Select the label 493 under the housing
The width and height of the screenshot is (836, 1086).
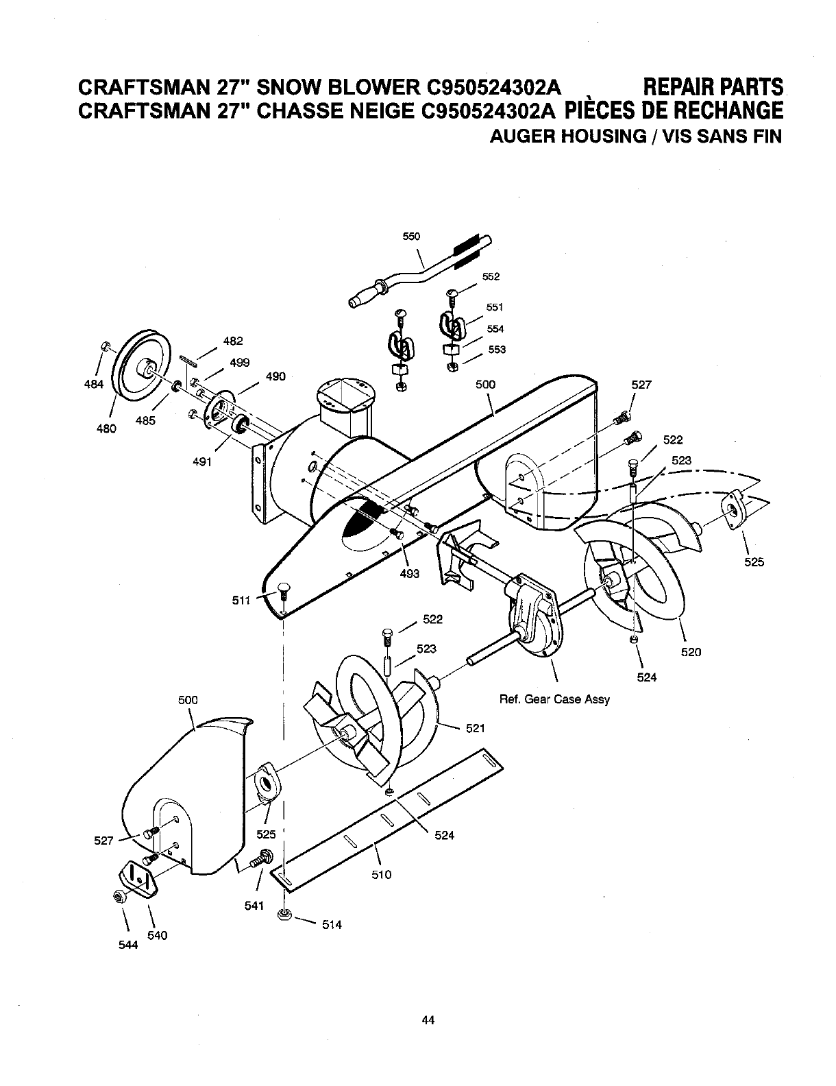point(409,574)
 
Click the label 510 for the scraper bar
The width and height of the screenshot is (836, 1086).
point(381,874)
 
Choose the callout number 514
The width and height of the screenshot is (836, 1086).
point(331,925)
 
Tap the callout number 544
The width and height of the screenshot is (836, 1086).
point(128,945)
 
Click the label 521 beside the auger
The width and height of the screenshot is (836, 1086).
point(476,728)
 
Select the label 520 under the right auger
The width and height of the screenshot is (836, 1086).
point(691,652)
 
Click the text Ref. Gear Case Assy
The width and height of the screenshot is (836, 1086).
point(554,700)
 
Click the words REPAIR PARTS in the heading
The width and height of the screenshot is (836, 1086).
point(713,87)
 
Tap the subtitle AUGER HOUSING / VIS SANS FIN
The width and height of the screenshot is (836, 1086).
point(635,136)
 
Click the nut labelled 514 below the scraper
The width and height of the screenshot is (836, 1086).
point(284,915)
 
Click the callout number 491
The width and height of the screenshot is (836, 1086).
point(202,461)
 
